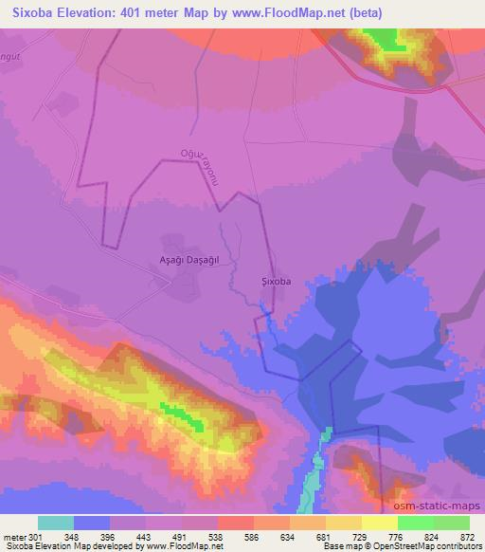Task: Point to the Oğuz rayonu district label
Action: click(x=200, y=169)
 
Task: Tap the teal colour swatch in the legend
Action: click(x=56, y=523)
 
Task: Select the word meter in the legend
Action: click(x=14, y=536)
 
